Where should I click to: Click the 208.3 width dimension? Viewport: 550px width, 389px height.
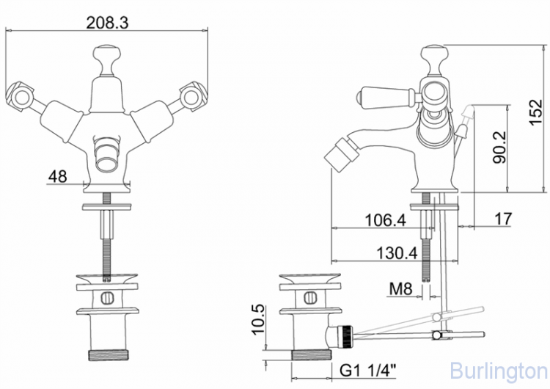(107, 23)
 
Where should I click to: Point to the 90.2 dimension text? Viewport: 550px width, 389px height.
(501, 148)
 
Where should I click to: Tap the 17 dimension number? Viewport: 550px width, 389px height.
(502, 218)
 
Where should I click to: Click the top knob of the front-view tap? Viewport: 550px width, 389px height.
(106, 55)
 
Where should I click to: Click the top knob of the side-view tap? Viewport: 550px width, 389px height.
(436, 54)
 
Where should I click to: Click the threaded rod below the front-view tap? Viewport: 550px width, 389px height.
(107, 235)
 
